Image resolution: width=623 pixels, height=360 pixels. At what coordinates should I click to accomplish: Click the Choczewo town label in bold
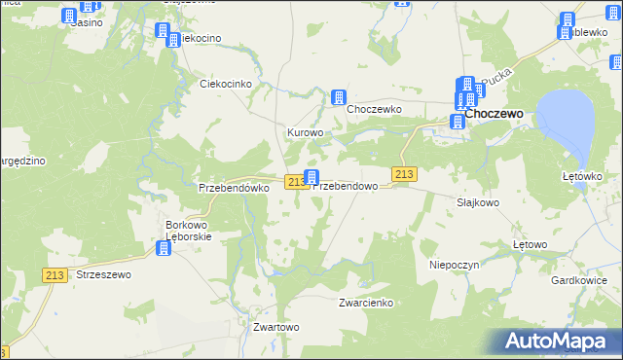495,113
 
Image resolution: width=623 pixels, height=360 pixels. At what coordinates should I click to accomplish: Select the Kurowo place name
304,131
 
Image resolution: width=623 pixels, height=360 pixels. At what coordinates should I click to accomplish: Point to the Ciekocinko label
226,84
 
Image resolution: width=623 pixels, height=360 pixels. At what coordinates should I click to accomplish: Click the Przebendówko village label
233,188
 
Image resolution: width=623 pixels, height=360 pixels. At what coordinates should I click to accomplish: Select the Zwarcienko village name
365,303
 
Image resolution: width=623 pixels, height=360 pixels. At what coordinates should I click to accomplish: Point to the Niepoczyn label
450,264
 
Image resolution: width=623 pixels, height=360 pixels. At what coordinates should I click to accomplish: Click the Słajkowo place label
478,202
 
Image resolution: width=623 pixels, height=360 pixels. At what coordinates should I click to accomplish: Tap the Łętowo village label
531,244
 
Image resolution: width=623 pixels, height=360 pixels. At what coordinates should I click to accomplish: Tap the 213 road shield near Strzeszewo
55,275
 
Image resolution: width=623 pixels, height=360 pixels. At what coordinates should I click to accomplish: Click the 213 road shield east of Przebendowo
405,173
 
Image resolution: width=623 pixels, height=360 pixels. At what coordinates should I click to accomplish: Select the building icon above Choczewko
339,96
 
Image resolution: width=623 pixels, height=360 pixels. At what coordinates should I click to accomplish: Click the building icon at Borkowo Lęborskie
164,248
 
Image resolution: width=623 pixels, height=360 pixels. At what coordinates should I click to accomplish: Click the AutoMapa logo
561,341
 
